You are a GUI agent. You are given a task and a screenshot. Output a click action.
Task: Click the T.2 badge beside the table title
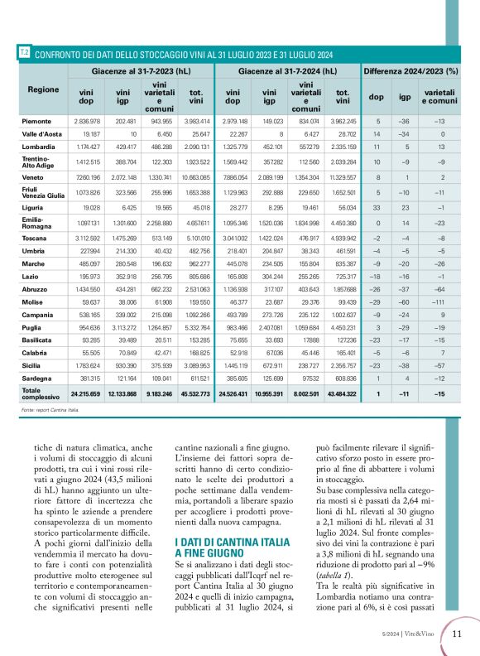click(x=24, y=53)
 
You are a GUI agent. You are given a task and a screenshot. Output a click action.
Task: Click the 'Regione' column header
click(x=42, y=89)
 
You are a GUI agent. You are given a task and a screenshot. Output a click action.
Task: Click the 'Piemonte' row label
click(x=36, y=121)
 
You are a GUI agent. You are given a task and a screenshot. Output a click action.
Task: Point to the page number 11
click(x=456, y=634)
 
